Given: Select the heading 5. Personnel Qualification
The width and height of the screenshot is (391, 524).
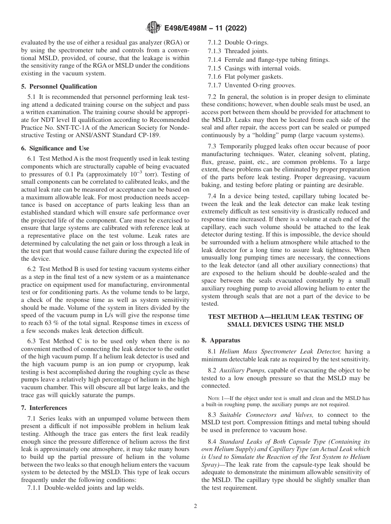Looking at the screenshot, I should (x=59, y=87).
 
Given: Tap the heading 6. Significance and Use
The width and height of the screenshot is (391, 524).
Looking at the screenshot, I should (x=55, y=148).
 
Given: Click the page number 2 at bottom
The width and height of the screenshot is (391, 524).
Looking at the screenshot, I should (x=195, y=506).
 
